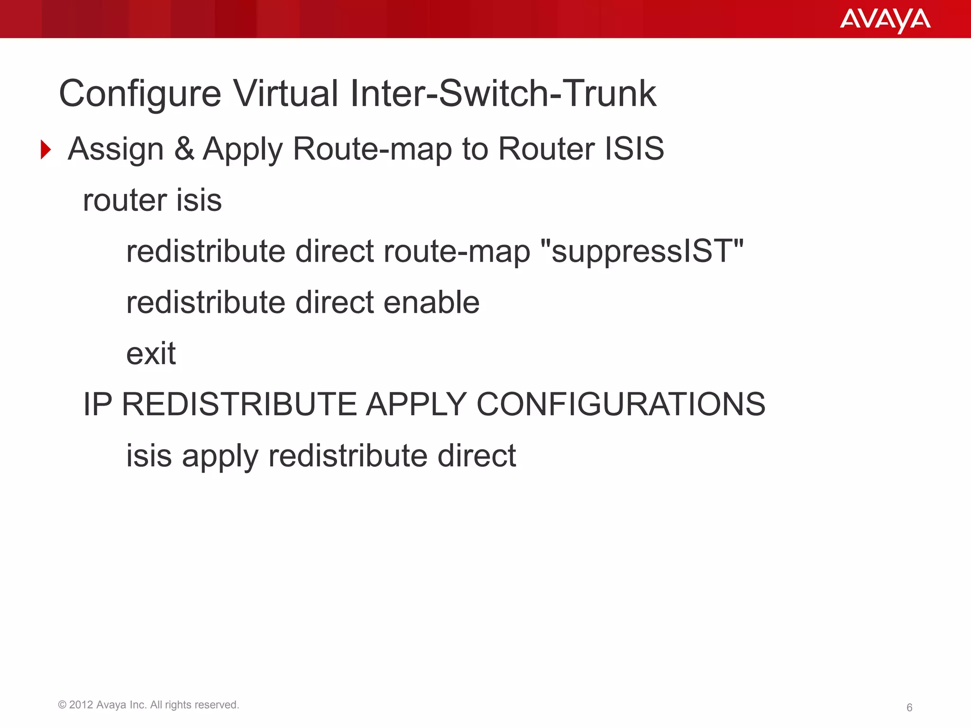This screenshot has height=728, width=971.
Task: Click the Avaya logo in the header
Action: tap(885, 20)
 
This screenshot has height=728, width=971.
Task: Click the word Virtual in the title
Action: tap(285, 93)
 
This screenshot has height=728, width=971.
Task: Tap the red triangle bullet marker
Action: tap(46, 150)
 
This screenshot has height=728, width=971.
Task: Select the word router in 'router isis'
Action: tap(125, 200)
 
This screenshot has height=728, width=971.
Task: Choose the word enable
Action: tap(431, 302)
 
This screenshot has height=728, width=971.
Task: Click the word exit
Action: tap(151, 354)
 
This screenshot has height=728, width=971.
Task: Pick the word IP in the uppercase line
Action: tap(98, 404)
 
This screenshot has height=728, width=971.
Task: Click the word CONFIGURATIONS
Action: tap(621, 404)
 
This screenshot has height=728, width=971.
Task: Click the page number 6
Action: tap(909, 708)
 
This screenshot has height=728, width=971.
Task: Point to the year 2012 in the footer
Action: tap(81, 705)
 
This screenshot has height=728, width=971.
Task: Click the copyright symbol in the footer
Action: tap(62, 705)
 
